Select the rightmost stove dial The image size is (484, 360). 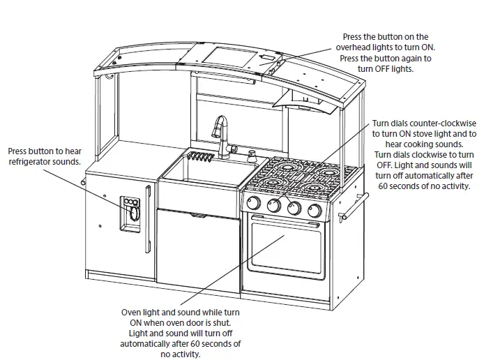click(315, 210)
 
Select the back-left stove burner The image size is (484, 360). click(287, 167)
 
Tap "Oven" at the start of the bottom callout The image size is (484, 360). click(133, 313)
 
